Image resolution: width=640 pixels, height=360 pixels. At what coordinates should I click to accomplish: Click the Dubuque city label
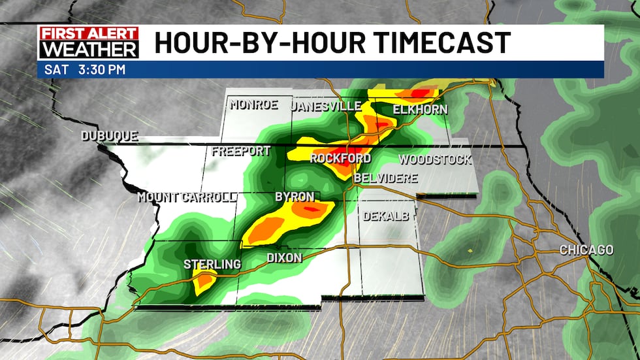tap(110, 136)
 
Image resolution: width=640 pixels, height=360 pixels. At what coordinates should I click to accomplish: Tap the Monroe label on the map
tap(253, 105)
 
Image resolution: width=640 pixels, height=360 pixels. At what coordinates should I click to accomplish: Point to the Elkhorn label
tap(420, 109)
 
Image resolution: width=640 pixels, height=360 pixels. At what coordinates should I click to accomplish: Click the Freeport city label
tap(241, 152)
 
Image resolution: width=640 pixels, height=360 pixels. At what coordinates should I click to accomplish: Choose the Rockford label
tap(340, 159)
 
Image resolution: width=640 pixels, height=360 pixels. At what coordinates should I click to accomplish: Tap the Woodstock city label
tap(435, 159)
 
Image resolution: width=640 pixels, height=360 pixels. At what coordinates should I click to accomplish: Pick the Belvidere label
tap(385, 178)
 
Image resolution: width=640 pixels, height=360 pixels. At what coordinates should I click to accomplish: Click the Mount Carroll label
tap(186, 197)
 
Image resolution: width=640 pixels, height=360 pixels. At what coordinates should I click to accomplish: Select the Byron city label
tap(295, 197)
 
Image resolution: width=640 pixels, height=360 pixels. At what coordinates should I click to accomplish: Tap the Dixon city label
tap(285, 258)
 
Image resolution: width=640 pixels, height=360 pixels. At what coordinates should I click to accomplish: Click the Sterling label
tap(212, 264)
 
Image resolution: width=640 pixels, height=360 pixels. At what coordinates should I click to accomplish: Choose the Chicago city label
tap(586, 250)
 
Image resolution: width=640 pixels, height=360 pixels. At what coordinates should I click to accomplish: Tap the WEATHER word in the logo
tap(89, 49)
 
